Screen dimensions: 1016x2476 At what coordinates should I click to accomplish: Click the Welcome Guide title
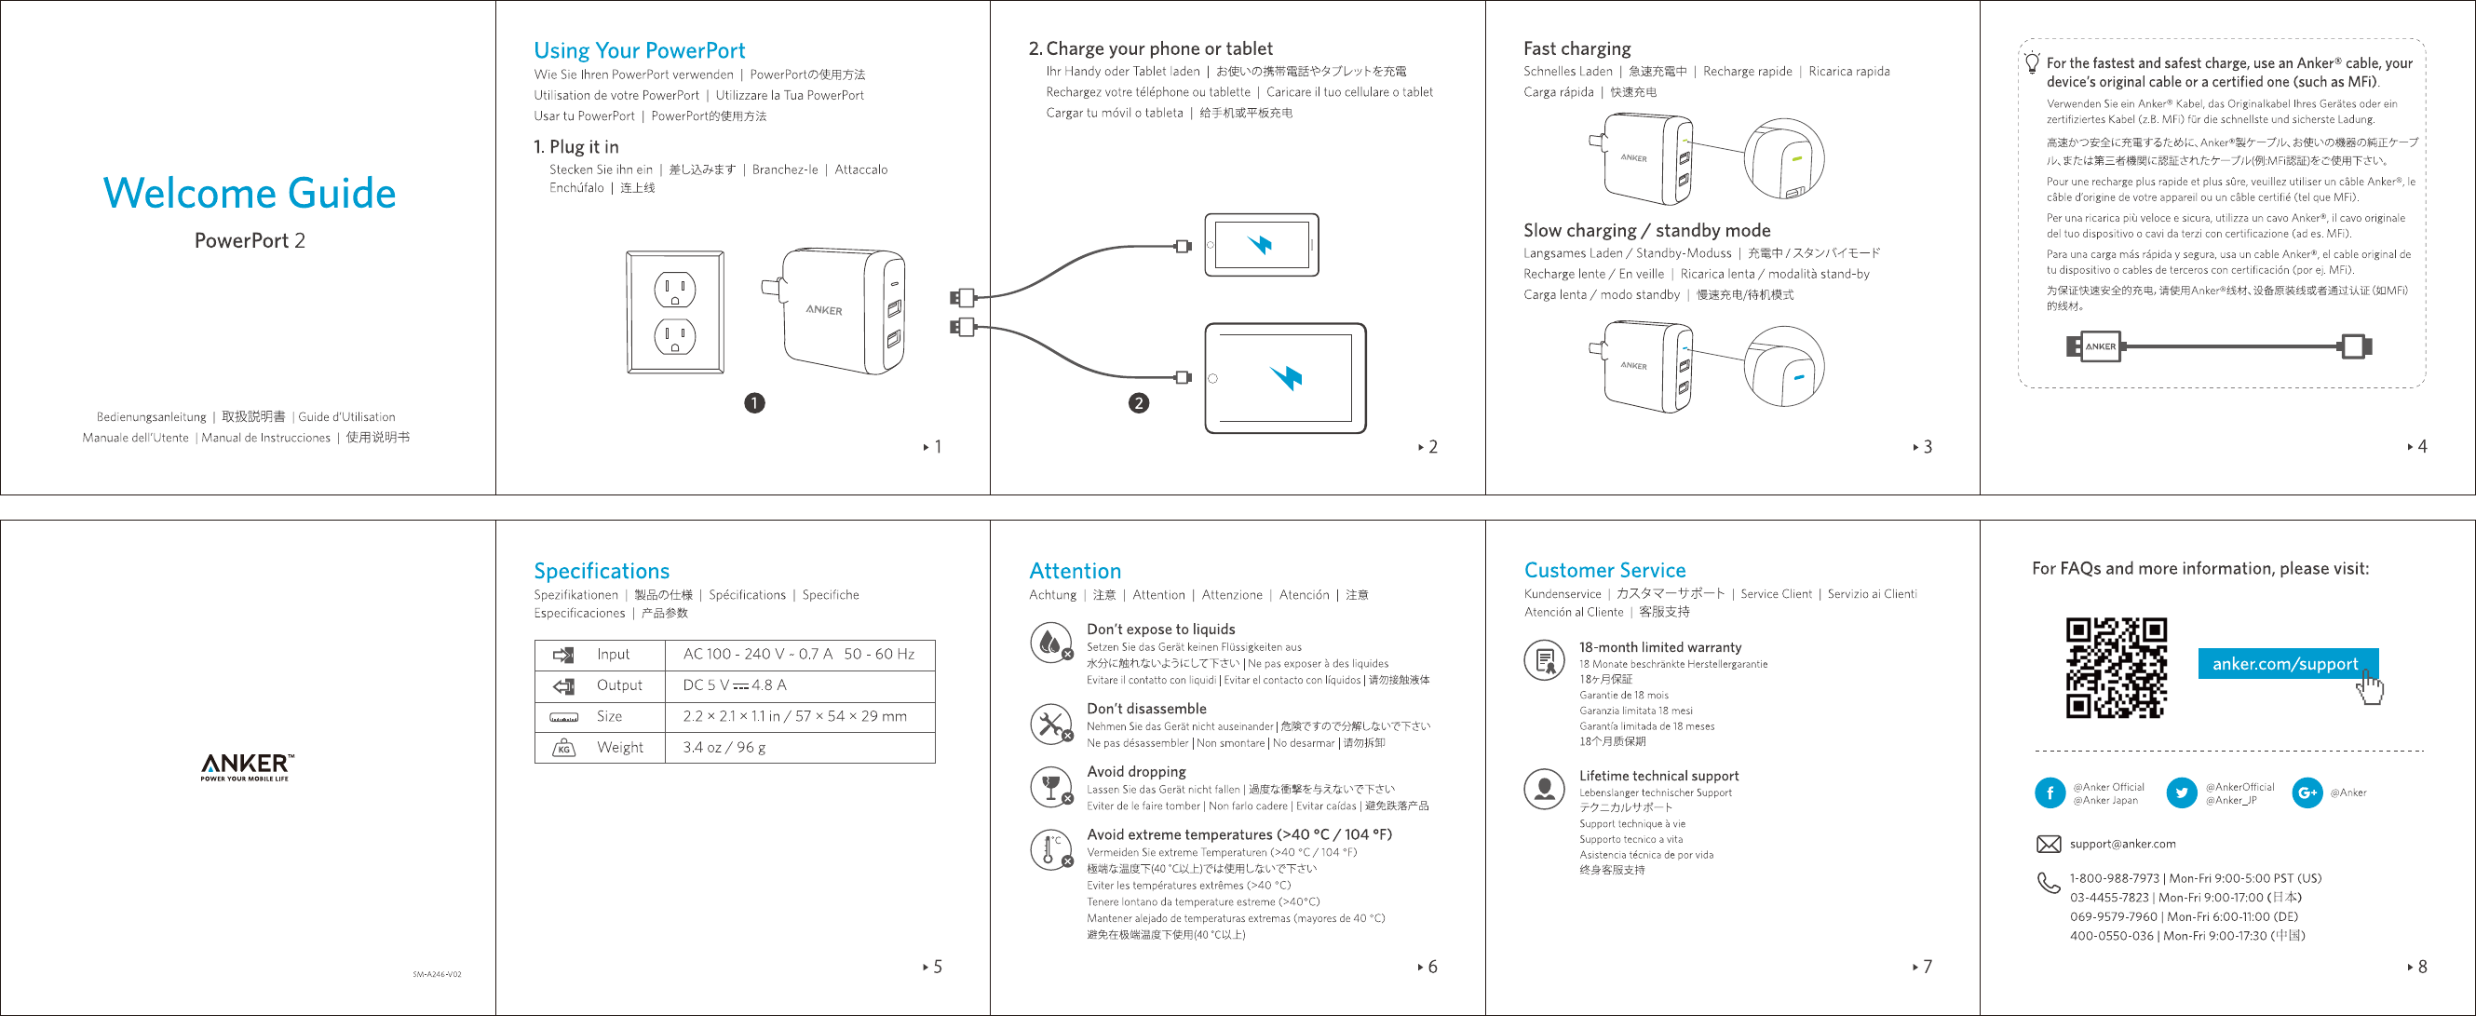249,193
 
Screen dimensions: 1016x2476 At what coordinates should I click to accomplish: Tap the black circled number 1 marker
754,402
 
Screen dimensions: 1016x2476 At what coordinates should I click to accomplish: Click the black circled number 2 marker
1138,402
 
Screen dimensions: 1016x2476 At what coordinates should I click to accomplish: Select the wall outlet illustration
675,311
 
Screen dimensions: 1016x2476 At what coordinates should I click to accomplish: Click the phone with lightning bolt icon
1261,245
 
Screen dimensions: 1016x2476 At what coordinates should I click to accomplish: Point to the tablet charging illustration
1285,378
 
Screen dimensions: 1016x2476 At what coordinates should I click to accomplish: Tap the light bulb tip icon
2032,63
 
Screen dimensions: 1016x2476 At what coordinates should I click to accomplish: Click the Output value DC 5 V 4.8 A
735,685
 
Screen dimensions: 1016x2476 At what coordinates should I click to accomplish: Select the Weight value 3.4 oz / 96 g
724,748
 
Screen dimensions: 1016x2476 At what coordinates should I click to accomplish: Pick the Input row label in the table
613,654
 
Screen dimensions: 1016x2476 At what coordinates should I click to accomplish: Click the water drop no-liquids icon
1050,641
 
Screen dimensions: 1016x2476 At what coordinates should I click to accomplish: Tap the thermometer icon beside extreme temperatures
1050,849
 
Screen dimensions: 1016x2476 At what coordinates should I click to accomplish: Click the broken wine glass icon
1050,787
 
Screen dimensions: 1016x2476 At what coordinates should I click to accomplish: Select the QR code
2116,668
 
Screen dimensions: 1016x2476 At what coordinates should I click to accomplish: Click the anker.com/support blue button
2285,664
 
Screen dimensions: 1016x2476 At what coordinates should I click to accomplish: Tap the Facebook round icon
2050,793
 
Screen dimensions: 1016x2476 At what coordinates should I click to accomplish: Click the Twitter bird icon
2181,793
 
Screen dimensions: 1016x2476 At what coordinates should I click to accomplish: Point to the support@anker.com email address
2122,844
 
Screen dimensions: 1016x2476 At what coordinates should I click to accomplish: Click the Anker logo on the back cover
246,766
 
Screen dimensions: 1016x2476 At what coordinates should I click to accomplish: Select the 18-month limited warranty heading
1659,647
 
